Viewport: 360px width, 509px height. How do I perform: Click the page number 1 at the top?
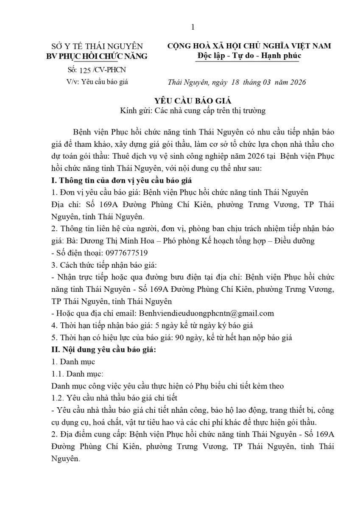(x=193, y=28)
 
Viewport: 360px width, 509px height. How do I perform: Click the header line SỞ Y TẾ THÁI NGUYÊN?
(x=97, y=46)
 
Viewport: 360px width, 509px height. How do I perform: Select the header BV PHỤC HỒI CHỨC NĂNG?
(x=97, y=56)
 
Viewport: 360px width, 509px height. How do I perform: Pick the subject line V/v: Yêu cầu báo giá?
(x=97, y=82)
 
